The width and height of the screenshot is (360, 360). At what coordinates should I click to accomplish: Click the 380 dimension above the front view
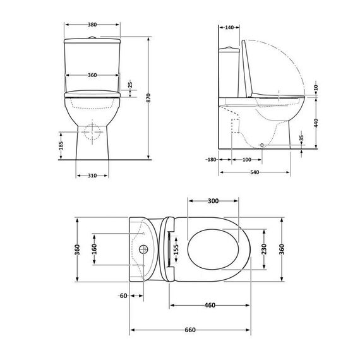[92, 25]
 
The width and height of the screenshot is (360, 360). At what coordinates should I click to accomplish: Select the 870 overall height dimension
[148, 95]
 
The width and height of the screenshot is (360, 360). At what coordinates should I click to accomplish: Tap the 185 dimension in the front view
[61, 145]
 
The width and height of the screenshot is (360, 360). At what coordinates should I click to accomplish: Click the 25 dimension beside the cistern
[130, 84]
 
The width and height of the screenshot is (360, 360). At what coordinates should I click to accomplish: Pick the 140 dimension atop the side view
[229, 28]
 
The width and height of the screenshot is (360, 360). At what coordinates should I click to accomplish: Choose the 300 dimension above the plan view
[213, 201]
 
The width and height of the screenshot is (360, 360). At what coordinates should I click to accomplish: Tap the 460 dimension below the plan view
[210, 306]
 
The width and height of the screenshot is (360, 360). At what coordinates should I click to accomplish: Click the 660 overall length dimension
[190, 330]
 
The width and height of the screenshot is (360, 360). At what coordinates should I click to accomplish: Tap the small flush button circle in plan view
[144, 249]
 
